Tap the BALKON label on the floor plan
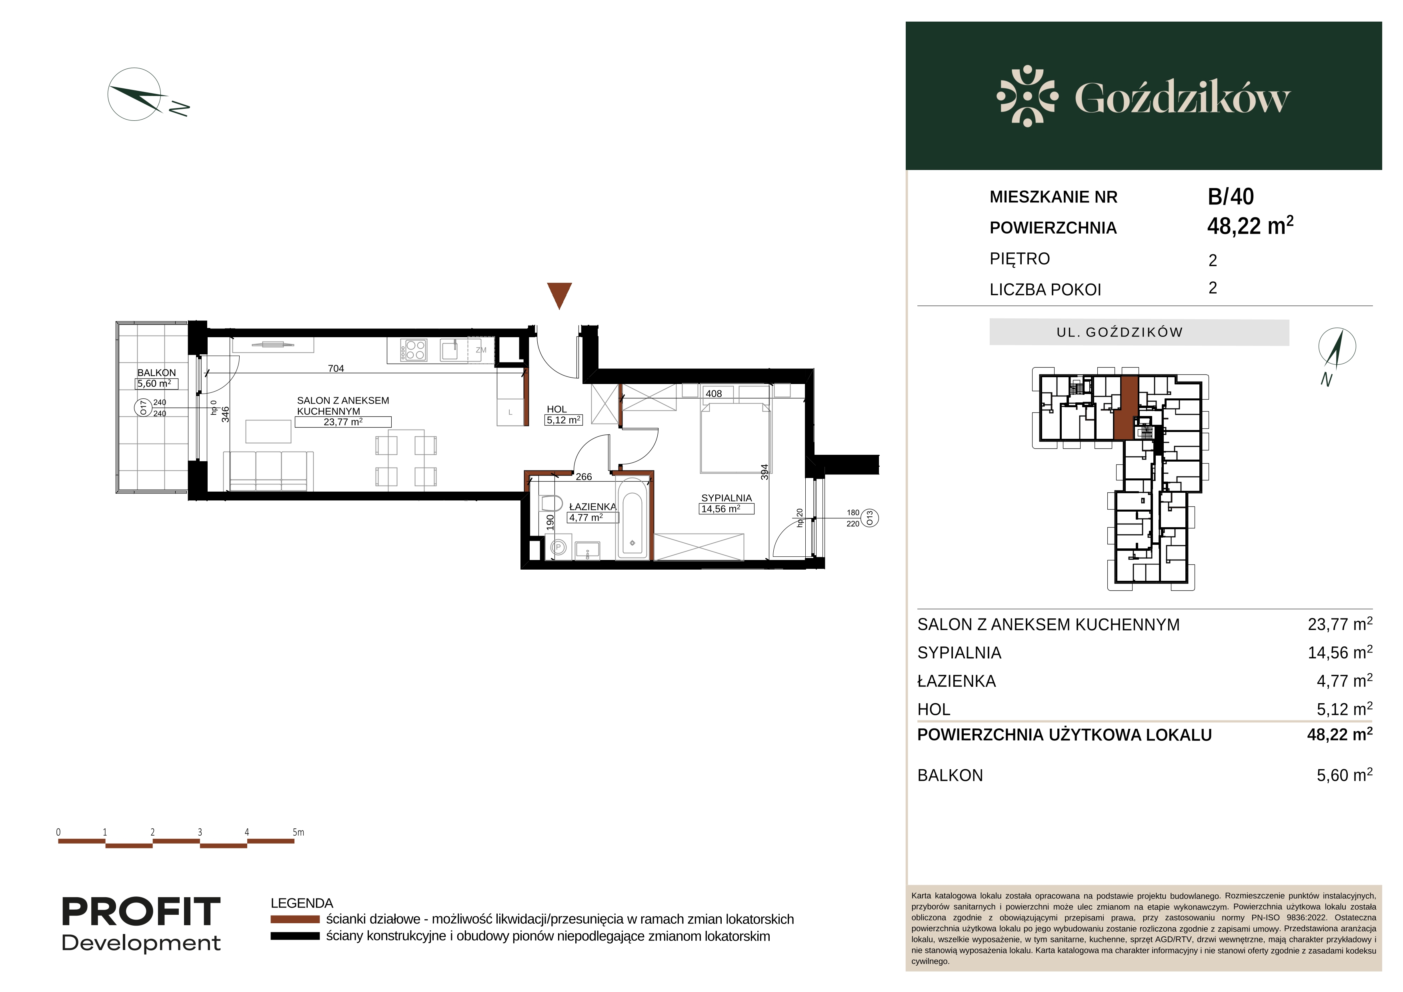click(x=156, y=373)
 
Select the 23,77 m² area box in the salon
click(x=343, y=422)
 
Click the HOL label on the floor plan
click(x=556, y=409)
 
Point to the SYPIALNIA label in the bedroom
click(x=727, y=498)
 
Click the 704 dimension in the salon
click(x=336, y=368)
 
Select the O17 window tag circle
click(x=144, y=408)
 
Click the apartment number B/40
click(x=1231, y=197)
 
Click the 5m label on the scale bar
click(x=298, y=832)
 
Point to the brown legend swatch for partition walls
click(x=295, y=919)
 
